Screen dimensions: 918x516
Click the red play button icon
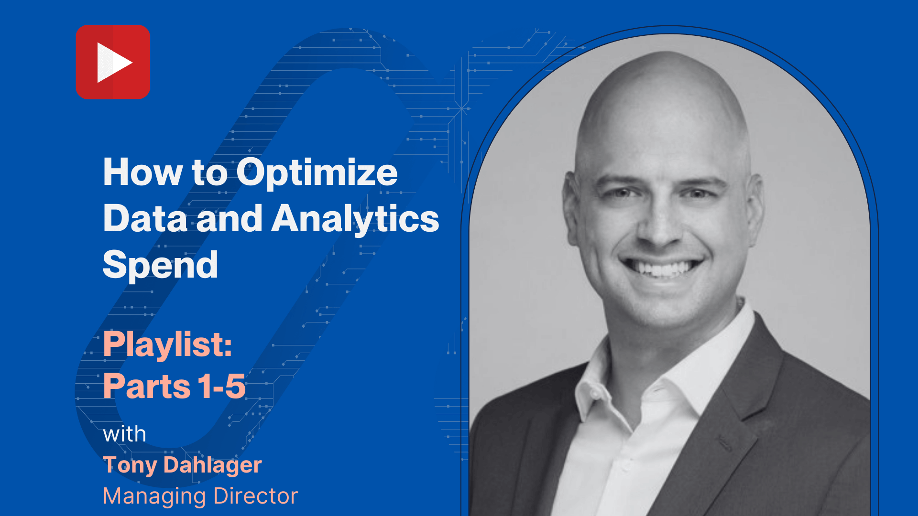pos(113,62)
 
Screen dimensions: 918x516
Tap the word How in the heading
pos(142,172)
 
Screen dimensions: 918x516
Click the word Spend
pos(161,265)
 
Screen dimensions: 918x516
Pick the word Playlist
pos(168,344)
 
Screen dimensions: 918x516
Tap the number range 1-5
pos(222,386)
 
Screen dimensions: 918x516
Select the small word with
pos(124,434)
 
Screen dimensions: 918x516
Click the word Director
pos(256,496)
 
